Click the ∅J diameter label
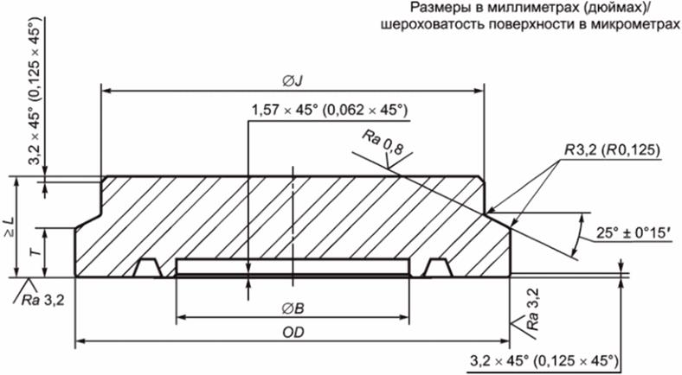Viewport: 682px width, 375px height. pyautogui.click(x=293, y=81)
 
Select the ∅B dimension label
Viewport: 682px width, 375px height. pyautogui.click(x=293, y=309)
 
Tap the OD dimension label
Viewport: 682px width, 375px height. pyautogui.click(x=293, y=333)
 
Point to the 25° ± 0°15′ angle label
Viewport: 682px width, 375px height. pyautogui.click(x=634, y=233)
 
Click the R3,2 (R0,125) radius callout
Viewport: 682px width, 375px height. pyautogui.click(x=612, y=150)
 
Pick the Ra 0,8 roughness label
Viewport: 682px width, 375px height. pyautogui.click(x=383, y=143)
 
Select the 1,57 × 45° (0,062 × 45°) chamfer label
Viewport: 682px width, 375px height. pyautogui.click(x=330, y=110)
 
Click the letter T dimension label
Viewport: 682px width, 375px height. pyautogui.click(x=38, y=251)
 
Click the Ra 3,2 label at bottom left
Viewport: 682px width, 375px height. pyautogui.click(x=42, y=300)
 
